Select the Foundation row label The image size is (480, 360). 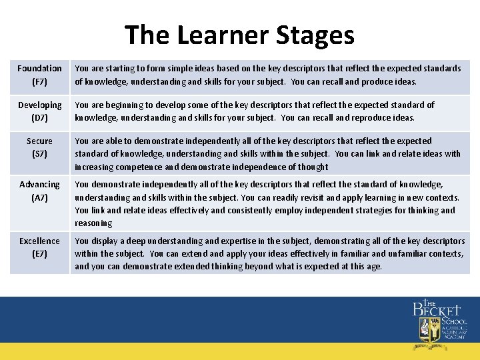coord(39,68)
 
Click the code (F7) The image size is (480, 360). coord(39,81)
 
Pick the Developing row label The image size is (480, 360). coord(39,105)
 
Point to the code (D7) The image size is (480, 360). coord(39,118)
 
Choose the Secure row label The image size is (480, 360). coord(39,141)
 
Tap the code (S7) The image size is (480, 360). coord(39,154)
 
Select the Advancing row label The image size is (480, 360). coord(39,184)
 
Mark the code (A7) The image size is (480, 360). coord(39,197)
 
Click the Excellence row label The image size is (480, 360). coord(39,241)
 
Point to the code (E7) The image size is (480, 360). coord(39,254)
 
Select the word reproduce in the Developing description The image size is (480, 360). coord(363,118)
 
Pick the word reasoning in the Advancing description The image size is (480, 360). coord(93,223)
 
